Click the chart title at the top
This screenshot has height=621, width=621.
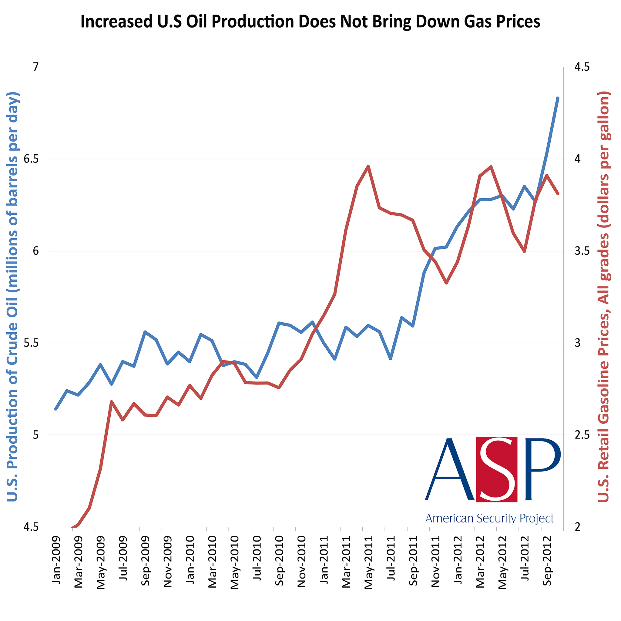pyautogui.click(x=310, y=22)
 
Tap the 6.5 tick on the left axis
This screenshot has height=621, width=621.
pyautogui.click(x=31, y=159)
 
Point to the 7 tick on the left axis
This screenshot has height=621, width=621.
pyautogui.click(x=35, y=67)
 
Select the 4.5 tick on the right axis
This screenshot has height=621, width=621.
pyautogui.click(x=582, y=67)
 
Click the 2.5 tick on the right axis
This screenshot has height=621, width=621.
pyautogui.click(x=582, y=435)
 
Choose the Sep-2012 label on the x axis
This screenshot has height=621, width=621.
pyautogui.click(x=547, y=561)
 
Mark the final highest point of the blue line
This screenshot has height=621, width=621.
pyautogui.click(x=558, y=98)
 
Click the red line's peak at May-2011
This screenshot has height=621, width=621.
pyautogui.click(x=368, y=166)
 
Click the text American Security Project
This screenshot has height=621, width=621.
pyautogui.click(x=489, y=518)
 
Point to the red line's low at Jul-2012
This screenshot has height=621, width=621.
pyautogui.click(x=524, y=251)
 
